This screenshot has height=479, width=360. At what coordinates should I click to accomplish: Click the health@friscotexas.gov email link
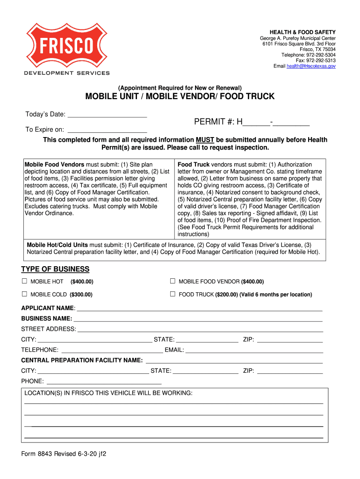[311, 66]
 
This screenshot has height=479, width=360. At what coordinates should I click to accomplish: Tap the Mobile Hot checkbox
[25, 282]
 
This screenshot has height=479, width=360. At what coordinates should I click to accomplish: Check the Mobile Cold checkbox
[25, 294]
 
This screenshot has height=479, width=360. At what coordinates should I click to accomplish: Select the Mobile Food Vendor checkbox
[172, 282]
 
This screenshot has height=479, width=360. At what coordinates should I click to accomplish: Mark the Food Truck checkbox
[172, 294]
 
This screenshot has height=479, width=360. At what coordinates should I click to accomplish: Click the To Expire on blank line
[108, 130]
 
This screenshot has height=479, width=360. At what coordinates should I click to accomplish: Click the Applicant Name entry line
[199, 308]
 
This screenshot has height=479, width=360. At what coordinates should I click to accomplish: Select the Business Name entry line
[198, 319]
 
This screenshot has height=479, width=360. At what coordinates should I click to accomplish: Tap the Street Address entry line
[200, 329]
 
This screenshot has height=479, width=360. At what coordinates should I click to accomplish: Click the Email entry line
[254, 350]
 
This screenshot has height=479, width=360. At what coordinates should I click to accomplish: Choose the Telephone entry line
[112, 350]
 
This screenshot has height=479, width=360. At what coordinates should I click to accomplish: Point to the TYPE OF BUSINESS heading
[55, 269]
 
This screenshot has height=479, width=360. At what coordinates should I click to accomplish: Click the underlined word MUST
[205, 140]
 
